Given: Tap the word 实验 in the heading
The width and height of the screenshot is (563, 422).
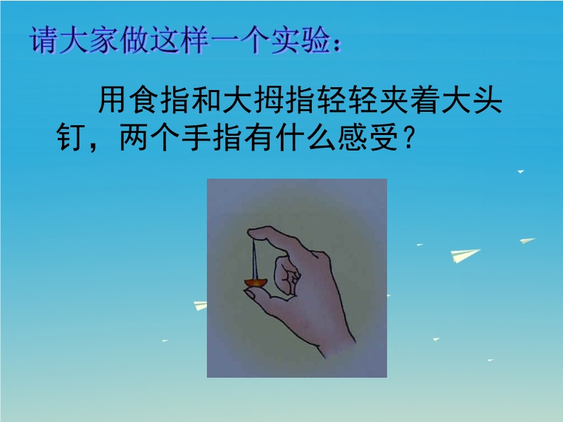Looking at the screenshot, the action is (x=301, y=40).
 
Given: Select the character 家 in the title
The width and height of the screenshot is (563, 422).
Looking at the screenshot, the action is (x=103, y=40).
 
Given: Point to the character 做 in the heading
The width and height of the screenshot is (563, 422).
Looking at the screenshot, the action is (x=134, y=40).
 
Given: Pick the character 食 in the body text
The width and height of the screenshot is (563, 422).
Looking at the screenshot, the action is (x=144, y=100).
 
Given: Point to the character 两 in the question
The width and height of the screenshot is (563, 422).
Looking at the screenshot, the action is (x=134, y=136).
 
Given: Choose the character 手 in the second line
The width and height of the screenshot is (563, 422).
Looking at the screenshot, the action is (x=196, y=136).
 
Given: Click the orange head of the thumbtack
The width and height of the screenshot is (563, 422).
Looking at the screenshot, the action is (x=256, y=283).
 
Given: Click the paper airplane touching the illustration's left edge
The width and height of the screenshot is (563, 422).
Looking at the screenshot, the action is (x=201, y=306).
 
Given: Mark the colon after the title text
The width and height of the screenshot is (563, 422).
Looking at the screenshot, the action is (x=337, y=44).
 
